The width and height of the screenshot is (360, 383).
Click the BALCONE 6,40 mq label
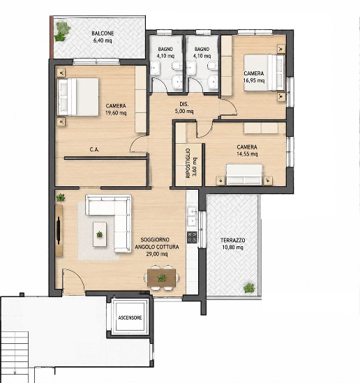click(x=103, y=37)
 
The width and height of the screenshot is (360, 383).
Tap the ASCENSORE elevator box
click(x=130, y=317)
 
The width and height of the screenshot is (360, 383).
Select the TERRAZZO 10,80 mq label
click(x=232, y=243)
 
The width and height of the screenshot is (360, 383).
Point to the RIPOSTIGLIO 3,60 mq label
click(x=191, y=163)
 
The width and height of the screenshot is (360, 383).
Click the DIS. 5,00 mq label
click(x=184, y=107)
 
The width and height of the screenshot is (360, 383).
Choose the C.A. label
click(x=94, y=149)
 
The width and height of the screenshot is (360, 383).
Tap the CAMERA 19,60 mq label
click(x=116, y=110)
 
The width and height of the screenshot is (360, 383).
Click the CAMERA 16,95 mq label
click(x=254, y=77)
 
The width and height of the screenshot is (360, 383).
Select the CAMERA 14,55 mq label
click(x=247, y=150)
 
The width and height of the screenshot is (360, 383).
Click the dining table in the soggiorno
click(x=162, y=278)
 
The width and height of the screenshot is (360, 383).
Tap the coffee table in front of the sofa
click(x=100, y=234)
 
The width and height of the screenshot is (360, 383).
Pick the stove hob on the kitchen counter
click(x=192, y=237)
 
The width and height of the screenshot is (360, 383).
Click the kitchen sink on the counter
click(x=192, y=216)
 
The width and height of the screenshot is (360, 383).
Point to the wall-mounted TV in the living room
click(x=59, y=230)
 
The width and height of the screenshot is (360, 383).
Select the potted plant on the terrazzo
click(x=249, y=288)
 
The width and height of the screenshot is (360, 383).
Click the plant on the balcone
click(x=62, y=31)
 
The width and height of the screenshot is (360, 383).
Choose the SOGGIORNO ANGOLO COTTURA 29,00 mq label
click(x=157, y=247)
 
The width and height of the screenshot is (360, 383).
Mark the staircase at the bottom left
click(x=14, y=356)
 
